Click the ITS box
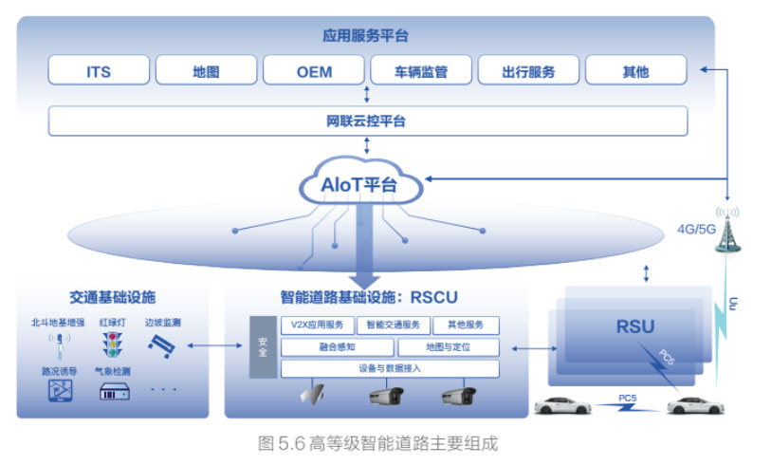pyautogui.click(x=99, y=71)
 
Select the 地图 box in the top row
pyautogui.click(x=206, y=71)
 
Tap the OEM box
pyautogui.click(x=314, y=71)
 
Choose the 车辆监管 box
pyautogui.click(x=421, y=71)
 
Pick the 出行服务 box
pyautogui.click(x=528, y=71)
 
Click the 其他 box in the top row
pyautogui.click(x=635, y=71)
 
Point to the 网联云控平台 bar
pyautogui.click(x=368, y=121)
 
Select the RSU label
pyautogui.click(x=635, y=327)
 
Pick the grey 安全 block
pyautogui.click(x=263, y=345)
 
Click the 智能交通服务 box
pyautogui.click(x=397, y=325)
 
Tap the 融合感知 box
pyautogui.click(x=337, y=347)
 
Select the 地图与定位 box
pyautogui.click(x=448, y=347)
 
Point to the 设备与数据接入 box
pyautogui.click(x=390, y=369)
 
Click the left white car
pyautogui.click(x=563, y=406)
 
